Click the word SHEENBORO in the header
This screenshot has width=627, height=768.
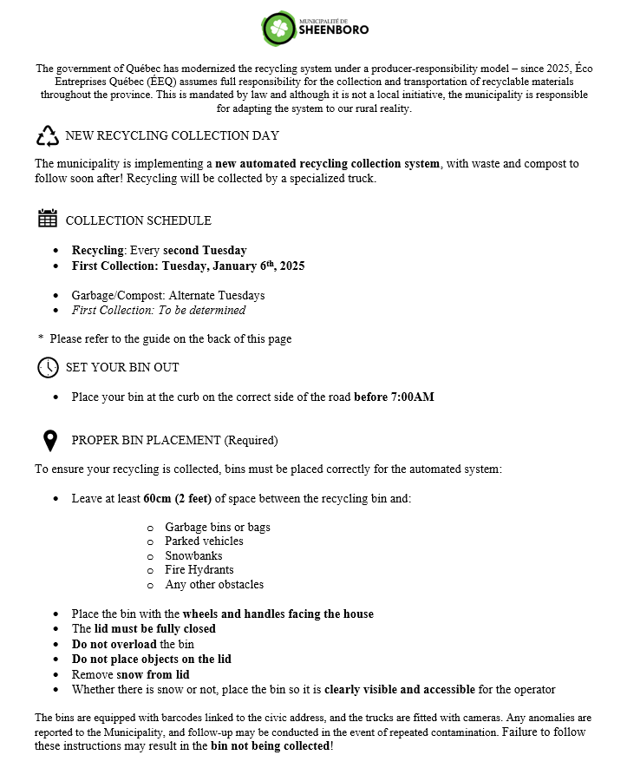click(x=334, y=30)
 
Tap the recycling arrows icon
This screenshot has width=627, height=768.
click(x=47, y=135)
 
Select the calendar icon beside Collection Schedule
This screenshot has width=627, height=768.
click(x=48, y=219)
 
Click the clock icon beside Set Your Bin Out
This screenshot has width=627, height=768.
click(x=48, y=367)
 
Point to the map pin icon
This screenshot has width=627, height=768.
click(x=50, y=441)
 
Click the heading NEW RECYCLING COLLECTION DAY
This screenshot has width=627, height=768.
click(x=172, y=136)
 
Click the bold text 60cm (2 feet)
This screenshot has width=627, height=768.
click(x=177, y=499)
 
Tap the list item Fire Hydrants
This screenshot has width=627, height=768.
click(x=199, y=570)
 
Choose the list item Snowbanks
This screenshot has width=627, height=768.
click(x=193, y=555)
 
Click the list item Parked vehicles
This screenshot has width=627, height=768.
click(x=204, y=541)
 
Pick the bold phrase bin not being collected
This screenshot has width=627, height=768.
click(x=270, y=745)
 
